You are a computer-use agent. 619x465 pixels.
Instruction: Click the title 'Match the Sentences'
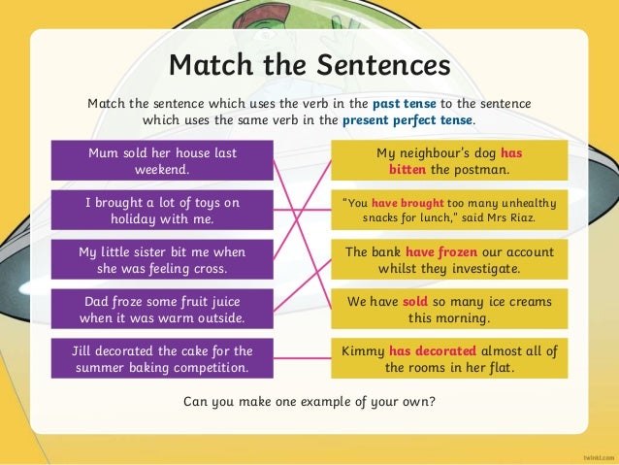click(x=309, y=66)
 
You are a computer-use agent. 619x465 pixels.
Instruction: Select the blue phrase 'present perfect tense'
click(x=407, y=121)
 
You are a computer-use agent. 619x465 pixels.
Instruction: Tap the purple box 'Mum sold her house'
click(x=162, y=161)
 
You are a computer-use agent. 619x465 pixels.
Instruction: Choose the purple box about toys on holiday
click(x=162, y=210)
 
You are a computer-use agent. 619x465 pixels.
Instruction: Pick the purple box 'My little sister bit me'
click(x=162, y=259)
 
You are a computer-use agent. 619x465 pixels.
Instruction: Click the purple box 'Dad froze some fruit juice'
click(x=162, y=309)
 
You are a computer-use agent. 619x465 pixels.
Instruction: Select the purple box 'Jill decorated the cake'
click(x=162, y=358)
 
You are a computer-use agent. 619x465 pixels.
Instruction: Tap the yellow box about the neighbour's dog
click(x=448, y=161)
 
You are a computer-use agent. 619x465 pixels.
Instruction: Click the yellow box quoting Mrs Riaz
click(x=448, y=210)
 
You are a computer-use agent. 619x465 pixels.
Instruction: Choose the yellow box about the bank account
click(x=448, y=259)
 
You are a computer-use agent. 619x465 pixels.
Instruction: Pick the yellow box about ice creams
click(x=448, y=309)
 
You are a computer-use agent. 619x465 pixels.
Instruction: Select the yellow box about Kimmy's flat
click(x=448, y=358)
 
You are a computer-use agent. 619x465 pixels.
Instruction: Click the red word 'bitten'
click(x=408, y=170)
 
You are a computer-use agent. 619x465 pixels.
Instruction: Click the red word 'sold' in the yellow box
click(x=416, y=301)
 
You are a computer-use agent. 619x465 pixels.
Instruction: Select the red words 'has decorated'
click(x=433, y=350)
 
